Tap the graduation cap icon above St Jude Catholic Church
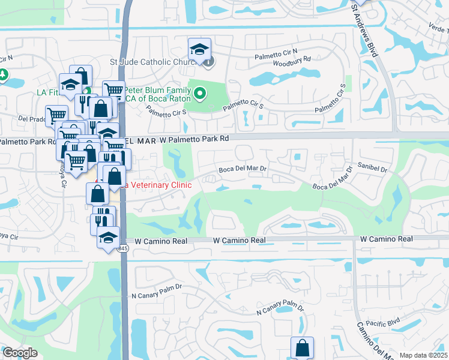[x=200, y=49]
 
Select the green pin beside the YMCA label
[x=200, y=94]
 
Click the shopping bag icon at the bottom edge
[x=302, y=347]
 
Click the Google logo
[x=20, y=352]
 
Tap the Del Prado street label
[x=32, y=119]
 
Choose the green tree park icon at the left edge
[x=3, y=76]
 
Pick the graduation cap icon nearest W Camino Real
[x=108, y=236]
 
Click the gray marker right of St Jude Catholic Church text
[x=208, y=62]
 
